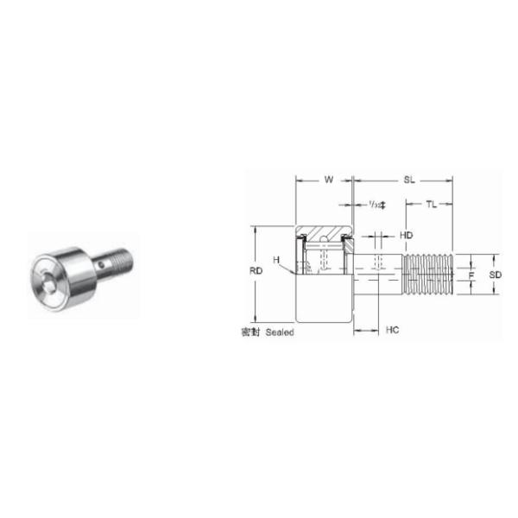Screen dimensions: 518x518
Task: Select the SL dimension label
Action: click(x=408, y=180)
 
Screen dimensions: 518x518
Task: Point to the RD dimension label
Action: click(x=256, y=271)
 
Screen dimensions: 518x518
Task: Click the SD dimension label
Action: click(x=495, y=274)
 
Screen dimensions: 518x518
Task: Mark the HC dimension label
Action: click(x=392, y=330)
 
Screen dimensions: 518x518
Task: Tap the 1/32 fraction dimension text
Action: click(x=376, y=205)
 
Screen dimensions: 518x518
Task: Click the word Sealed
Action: click(x=280, y=332)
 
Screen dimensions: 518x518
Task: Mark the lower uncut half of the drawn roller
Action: click(x=325, y=302)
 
